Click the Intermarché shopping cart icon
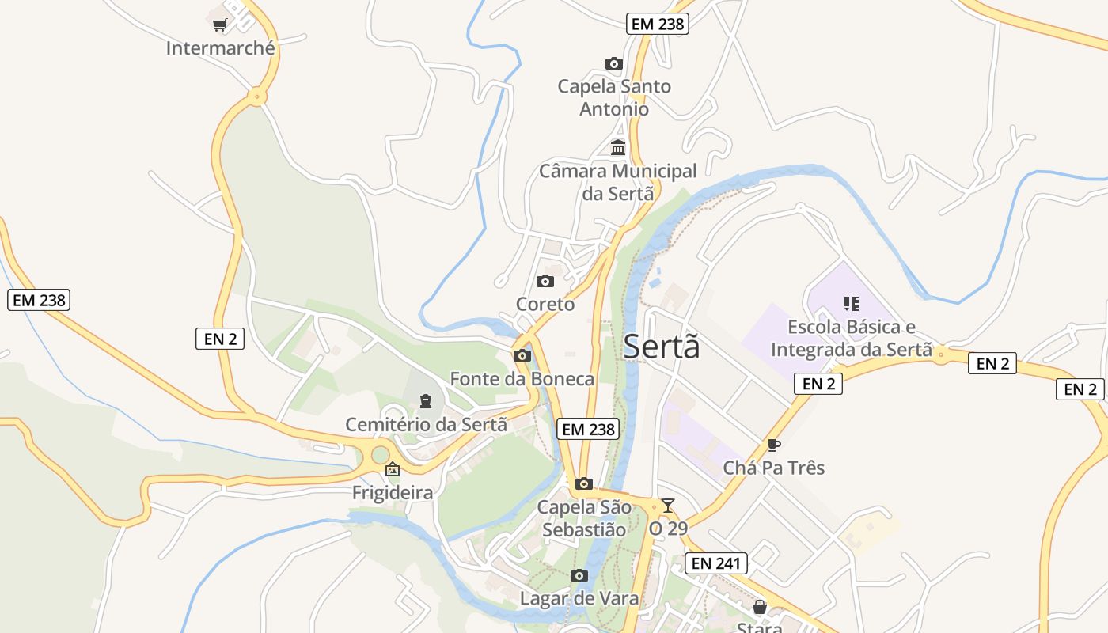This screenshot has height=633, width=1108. click(220, 25)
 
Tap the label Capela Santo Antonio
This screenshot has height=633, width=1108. click(614, 97)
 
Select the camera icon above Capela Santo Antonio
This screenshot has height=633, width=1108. click(613, 63)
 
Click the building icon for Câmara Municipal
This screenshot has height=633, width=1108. click(618, 147)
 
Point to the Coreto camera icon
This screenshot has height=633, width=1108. click(545, 281)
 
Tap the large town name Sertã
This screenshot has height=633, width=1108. click(662, 347)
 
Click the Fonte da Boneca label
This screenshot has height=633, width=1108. click(522, 379)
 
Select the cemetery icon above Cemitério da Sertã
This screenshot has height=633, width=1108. click(426, 401)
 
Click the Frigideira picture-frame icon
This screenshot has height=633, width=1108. click(392, 469)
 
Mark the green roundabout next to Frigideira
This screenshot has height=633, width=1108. click(381, 455)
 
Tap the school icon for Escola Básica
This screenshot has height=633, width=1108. click(852, 303)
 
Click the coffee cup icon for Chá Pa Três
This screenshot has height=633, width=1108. click(773, 445)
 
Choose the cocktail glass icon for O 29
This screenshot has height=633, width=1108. click(668, 505)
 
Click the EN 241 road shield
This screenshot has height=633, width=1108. click(715, 563)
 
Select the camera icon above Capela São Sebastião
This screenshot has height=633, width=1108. click(584, 483)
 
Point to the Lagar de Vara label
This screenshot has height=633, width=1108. click(579, 598)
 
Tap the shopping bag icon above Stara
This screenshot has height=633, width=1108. click(759, 607)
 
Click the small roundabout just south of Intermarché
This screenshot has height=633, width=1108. click(256, 97)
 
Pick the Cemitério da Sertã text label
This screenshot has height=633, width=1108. click(426, 424)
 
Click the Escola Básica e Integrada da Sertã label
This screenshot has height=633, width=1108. click(852, 338)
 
